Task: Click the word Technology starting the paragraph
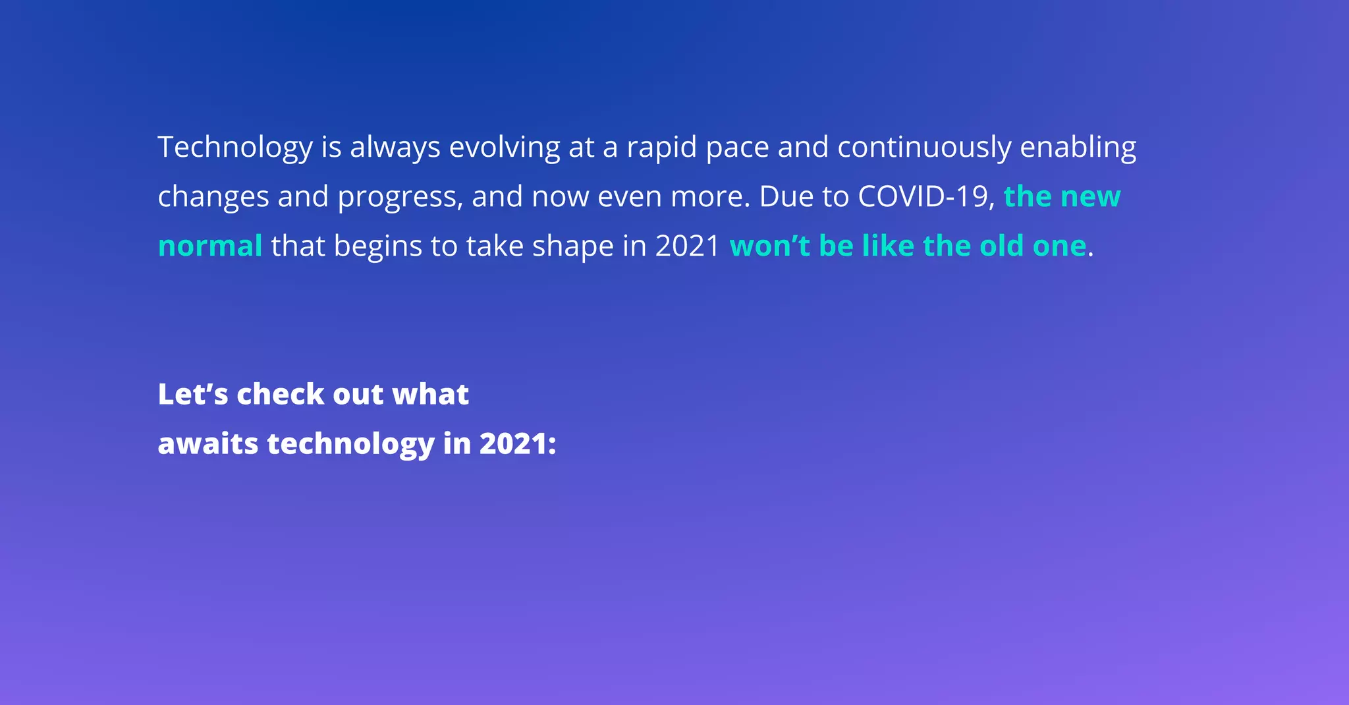(234, 148)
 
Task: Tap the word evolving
(504, 148)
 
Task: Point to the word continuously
(923, 148)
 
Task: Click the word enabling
(1078, 148)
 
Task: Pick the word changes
(213, 197)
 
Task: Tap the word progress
(400, 197)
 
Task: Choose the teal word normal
(210, 246)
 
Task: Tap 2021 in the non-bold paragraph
(688, 246)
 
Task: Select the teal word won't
(769, 246)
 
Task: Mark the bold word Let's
(192, 395)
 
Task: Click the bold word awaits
(207, 444)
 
